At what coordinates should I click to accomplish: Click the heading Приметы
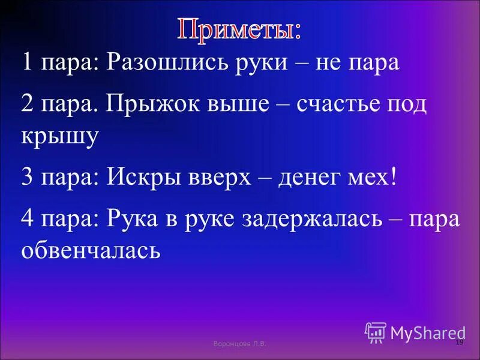click(x=239, y=30)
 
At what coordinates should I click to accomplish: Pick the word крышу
click(x=60, y=137)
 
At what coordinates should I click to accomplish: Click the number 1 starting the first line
click(x=28, y=62)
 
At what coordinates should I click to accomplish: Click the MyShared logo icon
click(x=376, y=332)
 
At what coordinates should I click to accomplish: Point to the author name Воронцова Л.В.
click(x=239, y=343)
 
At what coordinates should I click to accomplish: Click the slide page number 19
click(x=460, y=342)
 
